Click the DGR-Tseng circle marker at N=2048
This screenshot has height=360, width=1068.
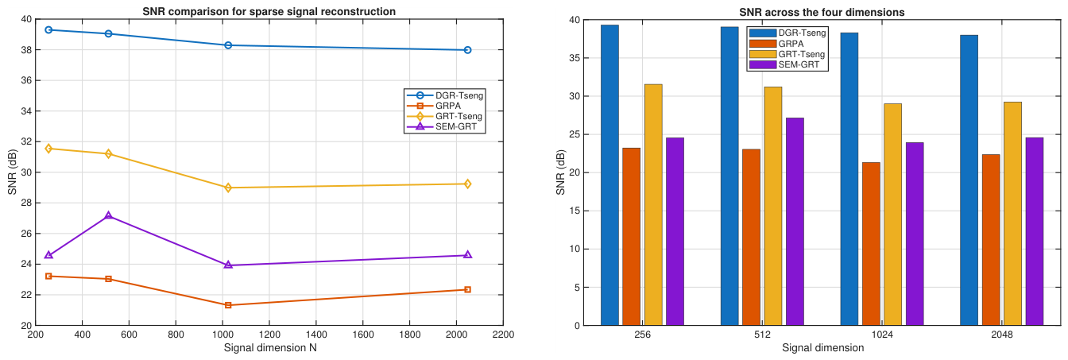tap(467, 50)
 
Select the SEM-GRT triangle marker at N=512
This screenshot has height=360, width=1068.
tap(108, 215)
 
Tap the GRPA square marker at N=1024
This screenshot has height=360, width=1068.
tap(228, 305)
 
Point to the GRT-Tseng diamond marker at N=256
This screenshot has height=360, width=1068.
tap(48, 149)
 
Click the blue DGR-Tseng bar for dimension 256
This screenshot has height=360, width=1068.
tap(609, 175)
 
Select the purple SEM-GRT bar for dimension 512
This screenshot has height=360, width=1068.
tap(795, 222)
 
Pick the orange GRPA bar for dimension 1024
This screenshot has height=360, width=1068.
tap(871, 244)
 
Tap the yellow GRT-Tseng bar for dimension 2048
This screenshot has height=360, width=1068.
tap(1012, 214)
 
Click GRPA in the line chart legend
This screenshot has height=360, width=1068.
tap(448, 106)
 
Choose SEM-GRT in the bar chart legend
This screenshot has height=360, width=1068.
tap(799, 64)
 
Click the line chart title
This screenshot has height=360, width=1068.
tap(269, 11)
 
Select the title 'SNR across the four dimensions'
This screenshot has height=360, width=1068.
tap(822, 13)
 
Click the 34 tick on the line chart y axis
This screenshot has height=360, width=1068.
tap(25, 111)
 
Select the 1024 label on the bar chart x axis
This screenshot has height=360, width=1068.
tap(882, 335)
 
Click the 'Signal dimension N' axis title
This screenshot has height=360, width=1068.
tap(270, 348)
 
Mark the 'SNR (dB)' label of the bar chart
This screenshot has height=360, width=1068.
tap(561, 172)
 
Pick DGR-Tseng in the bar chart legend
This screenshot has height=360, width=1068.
tap(803, 33)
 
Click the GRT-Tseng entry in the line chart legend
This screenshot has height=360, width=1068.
tap(459, 116)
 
